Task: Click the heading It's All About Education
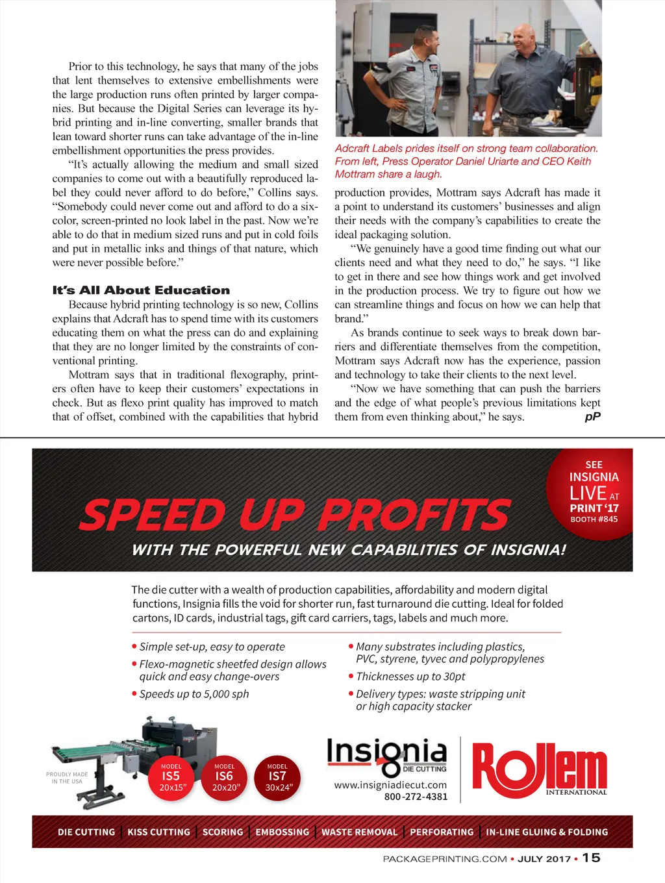click(x=141, y=290)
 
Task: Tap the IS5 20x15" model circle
click(x=171, y=777)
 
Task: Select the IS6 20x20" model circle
click(x=225, y=777)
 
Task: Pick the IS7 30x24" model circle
click(x=277, y=777)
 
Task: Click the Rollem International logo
click(x=539, y=770)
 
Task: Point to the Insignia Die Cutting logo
click(x=387, y=757)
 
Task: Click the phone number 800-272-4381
click(x=416, y=797)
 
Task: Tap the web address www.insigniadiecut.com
click(x=390, y=785)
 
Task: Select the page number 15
click(x=591, y=858)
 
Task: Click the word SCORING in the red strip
click(x=223, y=832)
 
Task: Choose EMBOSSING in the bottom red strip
click(x=282, y=832)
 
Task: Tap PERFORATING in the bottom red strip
click(x=442, y=832)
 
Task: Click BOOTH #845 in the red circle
click(x=594, y=519)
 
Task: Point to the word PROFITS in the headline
click(x=414, y=515)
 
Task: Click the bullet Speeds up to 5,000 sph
click(x=194, y=694)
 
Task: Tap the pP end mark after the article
click(x=592, y=417)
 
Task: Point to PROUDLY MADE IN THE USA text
click(x=67, y=778)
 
